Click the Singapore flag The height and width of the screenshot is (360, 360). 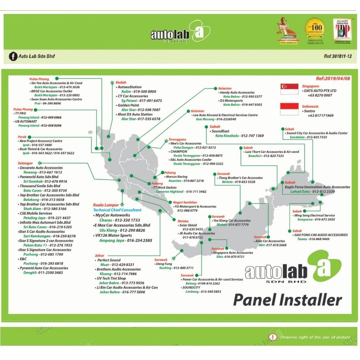289,89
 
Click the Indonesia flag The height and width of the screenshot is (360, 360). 289,109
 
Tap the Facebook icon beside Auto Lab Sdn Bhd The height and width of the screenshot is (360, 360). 13,56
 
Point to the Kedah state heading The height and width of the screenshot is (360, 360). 121,82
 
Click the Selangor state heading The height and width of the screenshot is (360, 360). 25,163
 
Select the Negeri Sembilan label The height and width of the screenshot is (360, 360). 185,202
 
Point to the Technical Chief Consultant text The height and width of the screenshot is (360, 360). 117,210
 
